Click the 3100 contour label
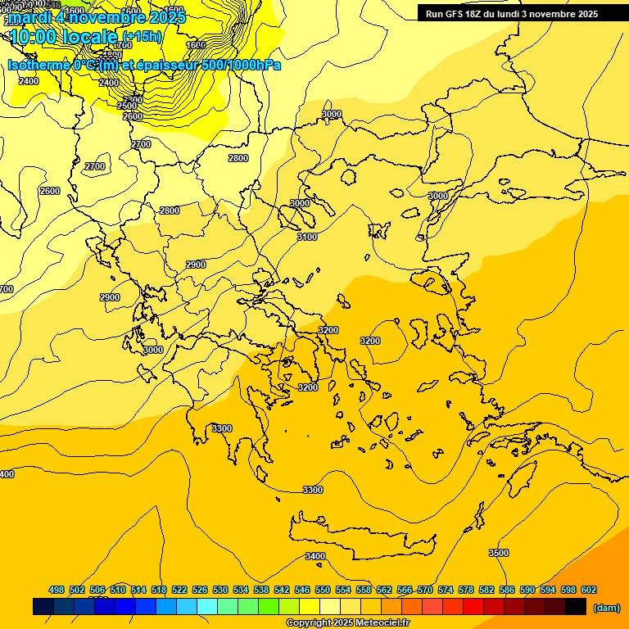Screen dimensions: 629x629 click(306, 237)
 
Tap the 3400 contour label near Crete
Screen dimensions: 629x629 click(315, 556)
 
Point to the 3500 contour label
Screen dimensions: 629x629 click(498, 553)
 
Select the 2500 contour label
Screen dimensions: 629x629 click(127, 106)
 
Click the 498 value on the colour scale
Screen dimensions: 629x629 click(57, 590)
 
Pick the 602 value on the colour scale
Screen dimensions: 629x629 click(589, 590)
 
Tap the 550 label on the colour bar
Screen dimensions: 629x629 click(323, 590)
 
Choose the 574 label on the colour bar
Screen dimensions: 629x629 click(446, 590)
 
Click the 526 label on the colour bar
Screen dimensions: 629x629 click(200, 590)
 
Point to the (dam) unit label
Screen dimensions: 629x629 click(606, 607)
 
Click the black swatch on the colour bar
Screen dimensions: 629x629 click(576, 607)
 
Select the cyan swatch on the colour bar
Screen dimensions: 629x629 click(207, 607)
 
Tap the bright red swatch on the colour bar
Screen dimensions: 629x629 click(473, 607)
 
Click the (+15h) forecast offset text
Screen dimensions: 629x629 click(142, 37)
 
